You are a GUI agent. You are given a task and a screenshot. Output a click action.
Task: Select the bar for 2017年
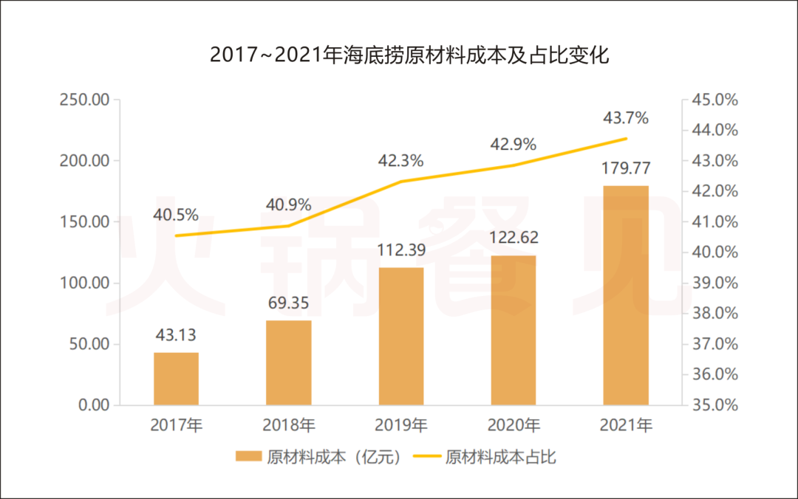pyautogui.click(x=176, y=379)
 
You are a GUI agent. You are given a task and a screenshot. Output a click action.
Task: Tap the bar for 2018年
pyautogui.click(x=288, y=362)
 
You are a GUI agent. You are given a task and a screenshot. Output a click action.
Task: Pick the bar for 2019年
pyautogui.click(x=400, y=336)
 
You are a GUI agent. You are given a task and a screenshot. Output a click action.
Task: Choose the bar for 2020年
pyautogui.click(x=513, y=330)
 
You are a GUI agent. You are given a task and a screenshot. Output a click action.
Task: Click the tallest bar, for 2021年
pyautogui.click(x=626, y=295)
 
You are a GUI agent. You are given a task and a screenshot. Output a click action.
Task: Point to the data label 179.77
pyautogui.click(x=626, y=168)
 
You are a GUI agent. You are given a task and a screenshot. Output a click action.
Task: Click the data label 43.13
pyautogui.click(x=176, y=335)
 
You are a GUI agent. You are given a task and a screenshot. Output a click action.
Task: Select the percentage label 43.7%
pyautogui.click(x=626, y=118)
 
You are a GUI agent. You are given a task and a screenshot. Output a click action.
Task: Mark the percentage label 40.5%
pyautogui.click(x=176, y=215)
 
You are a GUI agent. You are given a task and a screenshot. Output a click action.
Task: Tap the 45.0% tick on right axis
pyautogui.click(x=713, y=100)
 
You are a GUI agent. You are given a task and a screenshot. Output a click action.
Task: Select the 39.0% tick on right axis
pyautogui.click(x=713, y=283)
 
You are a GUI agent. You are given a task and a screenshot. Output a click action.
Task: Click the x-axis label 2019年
pyautogui.click(x=400, y=425)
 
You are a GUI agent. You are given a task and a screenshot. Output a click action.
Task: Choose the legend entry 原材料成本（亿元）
pyautogui.click(x=318, y=457)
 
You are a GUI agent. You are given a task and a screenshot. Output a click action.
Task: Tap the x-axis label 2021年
pyautogui.click(x=626, y=425)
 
